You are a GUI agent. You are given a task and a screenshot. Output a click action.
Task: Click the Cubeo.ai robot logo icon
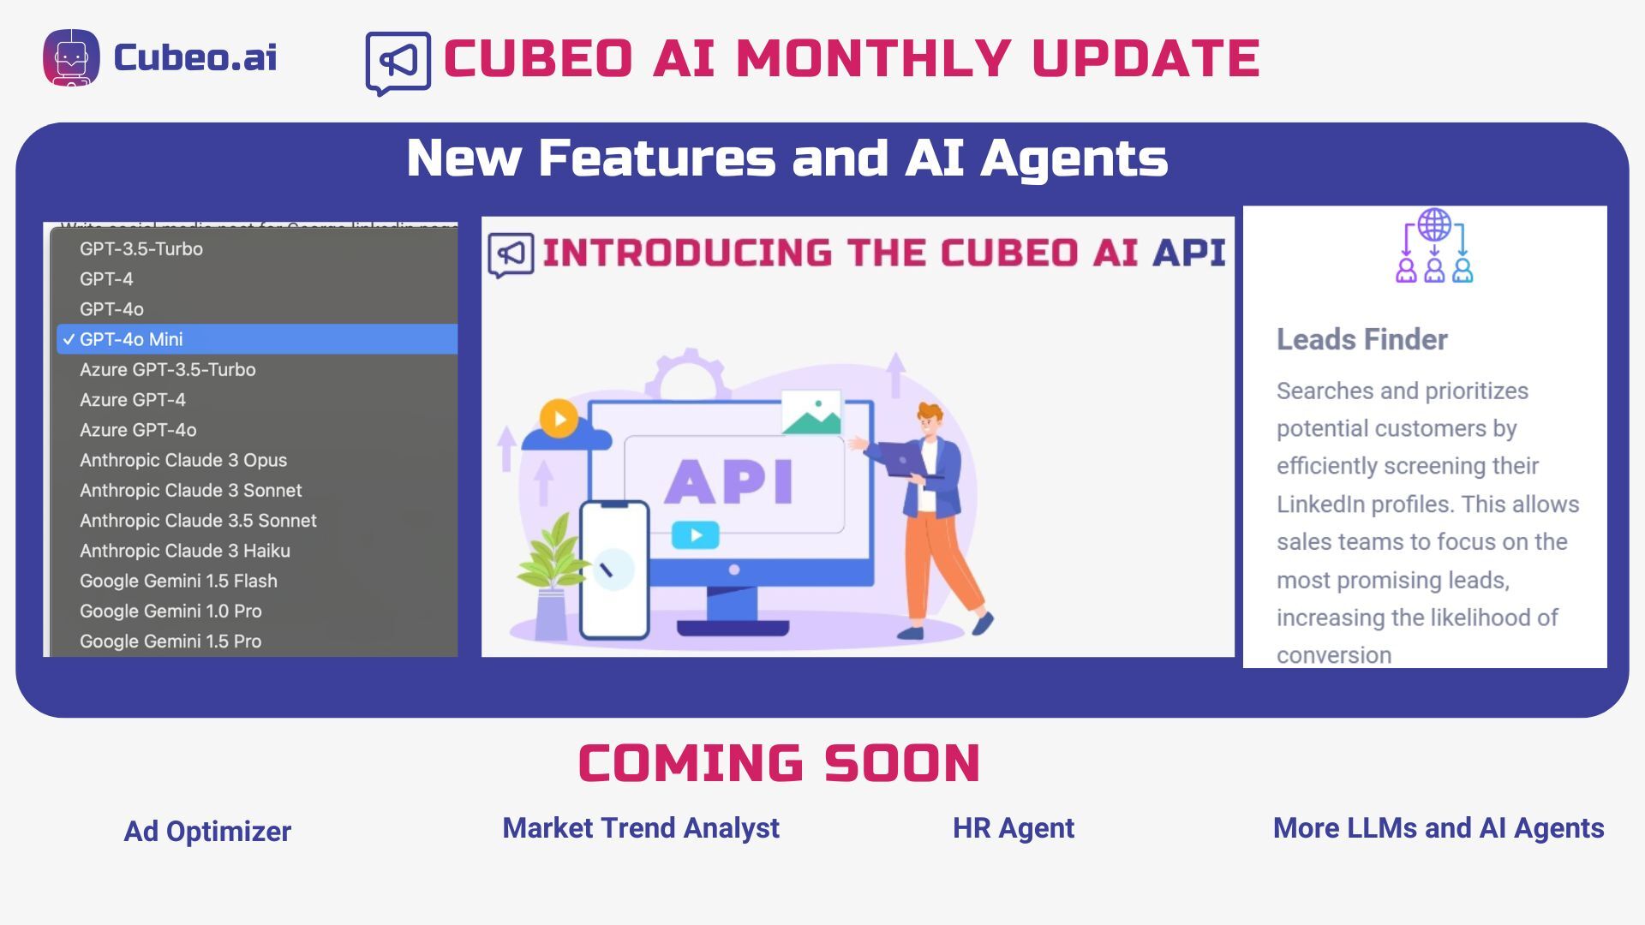click(x=71, y=57)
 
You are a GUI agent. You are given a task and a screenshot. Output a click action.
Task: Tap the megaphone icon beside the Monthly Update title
click(x=398, y=62)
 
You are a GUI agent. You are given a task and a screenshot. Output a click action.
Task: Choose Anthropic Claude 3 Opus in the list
click(x=183, y=460)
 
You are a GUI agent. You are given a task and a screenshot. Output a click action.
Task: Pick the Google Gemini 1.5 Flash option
click(x=178, y=581)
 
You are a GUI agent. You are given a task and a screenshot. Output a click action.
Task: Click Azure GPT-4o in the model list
click(x=138, y=430)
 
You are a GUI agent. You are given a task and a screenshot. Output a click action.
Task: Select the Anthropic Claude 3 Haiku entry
click(x=185, y=551)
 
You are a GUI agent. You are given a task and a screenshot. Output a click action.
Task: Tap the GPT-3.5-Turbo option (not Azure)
click(x=141, y=249)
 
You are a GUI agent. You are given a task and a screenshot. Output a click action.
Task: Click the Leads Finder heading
click(x=1361, y=340)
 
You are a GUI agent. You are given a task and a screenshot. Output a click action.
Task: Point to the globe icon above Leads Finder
click(x=1434, y=225)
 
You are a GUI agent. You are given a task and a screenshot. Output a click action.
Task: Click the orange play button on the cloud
click(x=559, y=419)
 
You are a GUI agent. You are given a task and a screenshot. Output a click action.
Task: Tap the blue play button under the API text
click(x=695, y=536)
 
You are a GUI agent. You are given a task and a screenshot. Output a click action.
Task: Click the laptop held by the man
click(x=904, y=459)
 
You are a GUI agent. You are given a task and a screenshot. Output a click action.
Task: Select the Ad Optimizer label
click(x=207, y=832)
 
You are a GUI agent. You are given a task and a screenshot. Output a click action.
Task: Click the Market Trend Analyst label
click(x=640, y=828)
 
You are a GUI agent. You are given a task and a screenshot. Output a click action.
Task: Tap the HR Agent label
click(x=1013, y=828)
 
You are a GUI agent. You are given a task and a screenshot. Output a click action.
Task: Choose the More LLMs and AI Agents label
click(x=1438, y=828)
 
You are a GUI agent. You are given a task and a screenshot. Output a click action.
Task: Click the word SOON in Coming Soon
click(x=901, y=763)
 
